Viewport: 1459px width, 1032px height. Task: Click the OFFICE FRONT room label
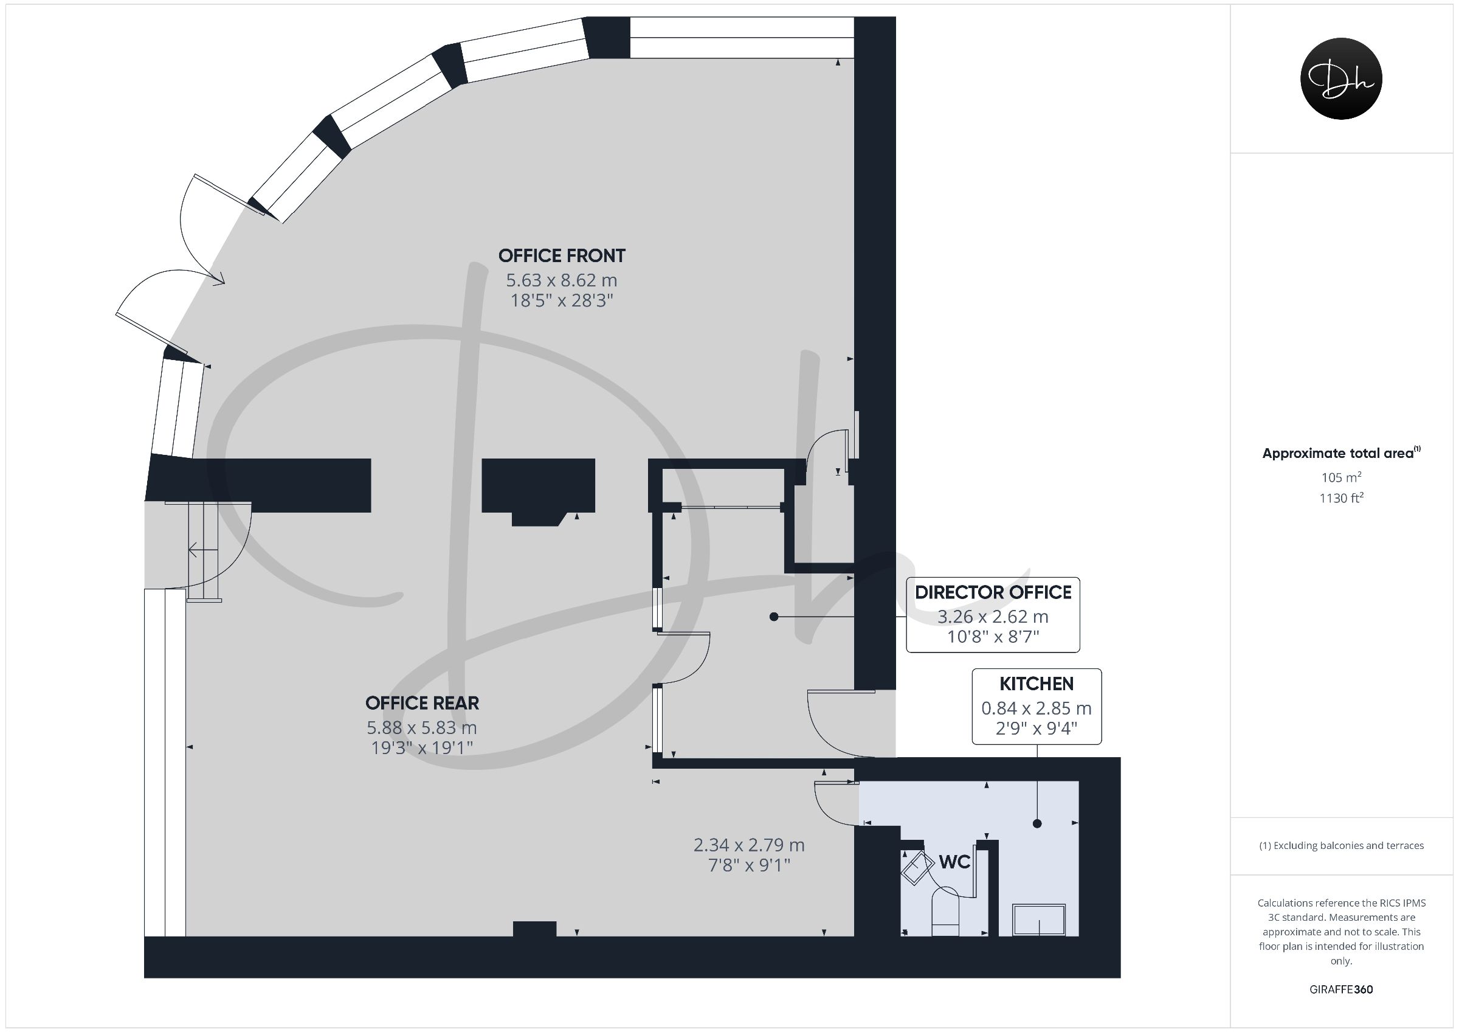point(562,255)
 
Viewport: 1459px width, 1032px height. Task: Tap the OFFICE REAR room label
point(422,702)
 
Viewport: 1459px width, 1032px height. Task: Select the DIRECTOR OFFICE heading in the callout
point(993,592)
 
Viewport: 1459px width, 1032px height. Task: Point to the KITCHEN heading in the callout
point(1036,684)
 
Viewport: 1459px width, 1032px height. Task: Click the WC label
point(954,862)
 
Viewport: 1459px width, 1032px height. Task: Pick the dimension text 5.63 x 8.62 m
point(562,280)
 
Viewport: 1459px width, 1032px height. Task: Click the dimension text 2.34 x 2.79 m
point(749,845)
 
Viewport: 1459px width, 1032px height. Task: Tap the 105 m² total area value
point(1342,477)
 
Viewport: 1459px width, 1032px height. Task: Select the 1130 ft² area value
point(1342,497)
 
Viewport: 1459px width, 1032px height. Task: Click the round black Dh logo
point(1342,78)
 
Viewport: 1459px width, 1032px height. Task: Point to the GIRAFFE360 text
point(1342,989)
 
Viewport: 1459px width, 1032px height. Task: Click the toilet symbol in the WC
point(945,911)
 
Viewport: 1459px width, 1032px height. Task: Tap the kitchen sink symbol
point(1040,920)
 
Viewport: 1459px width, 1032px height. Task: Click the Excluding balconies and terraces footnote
point(1342,845)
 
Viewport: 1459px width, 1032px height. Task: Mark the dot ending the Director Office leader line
point(774,617)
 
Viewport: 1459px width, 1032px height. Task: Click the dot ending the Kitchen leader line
point(1038,823)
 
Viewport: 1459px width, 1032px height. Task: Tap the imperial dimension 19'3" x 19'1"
point(422,747)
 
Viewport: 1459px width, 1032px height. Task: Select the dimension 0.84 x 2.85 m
point(1036,708)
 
